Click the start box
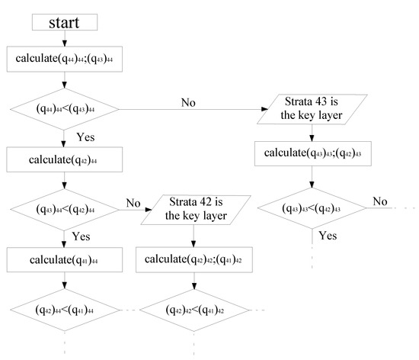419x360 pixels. (62, 21)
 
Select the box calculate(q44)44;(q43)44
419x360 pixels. (62, 57)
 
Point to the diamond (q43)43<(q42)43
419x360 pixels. (311, 207)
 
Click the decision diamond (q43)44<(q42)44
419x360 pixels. (62, 210)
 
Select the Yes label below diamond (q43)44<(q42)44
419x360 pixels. (81, 236)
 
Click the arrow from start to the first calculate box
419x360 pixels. (62, 38)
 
